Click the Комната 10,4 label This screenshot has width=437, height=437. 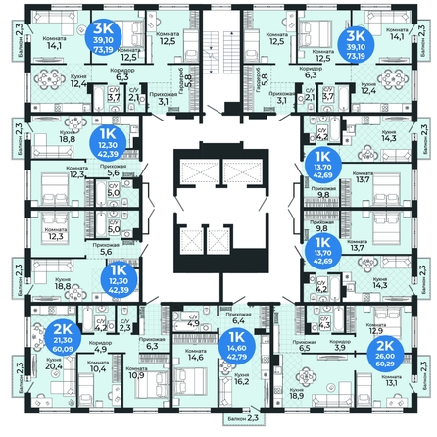(97, 365)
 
